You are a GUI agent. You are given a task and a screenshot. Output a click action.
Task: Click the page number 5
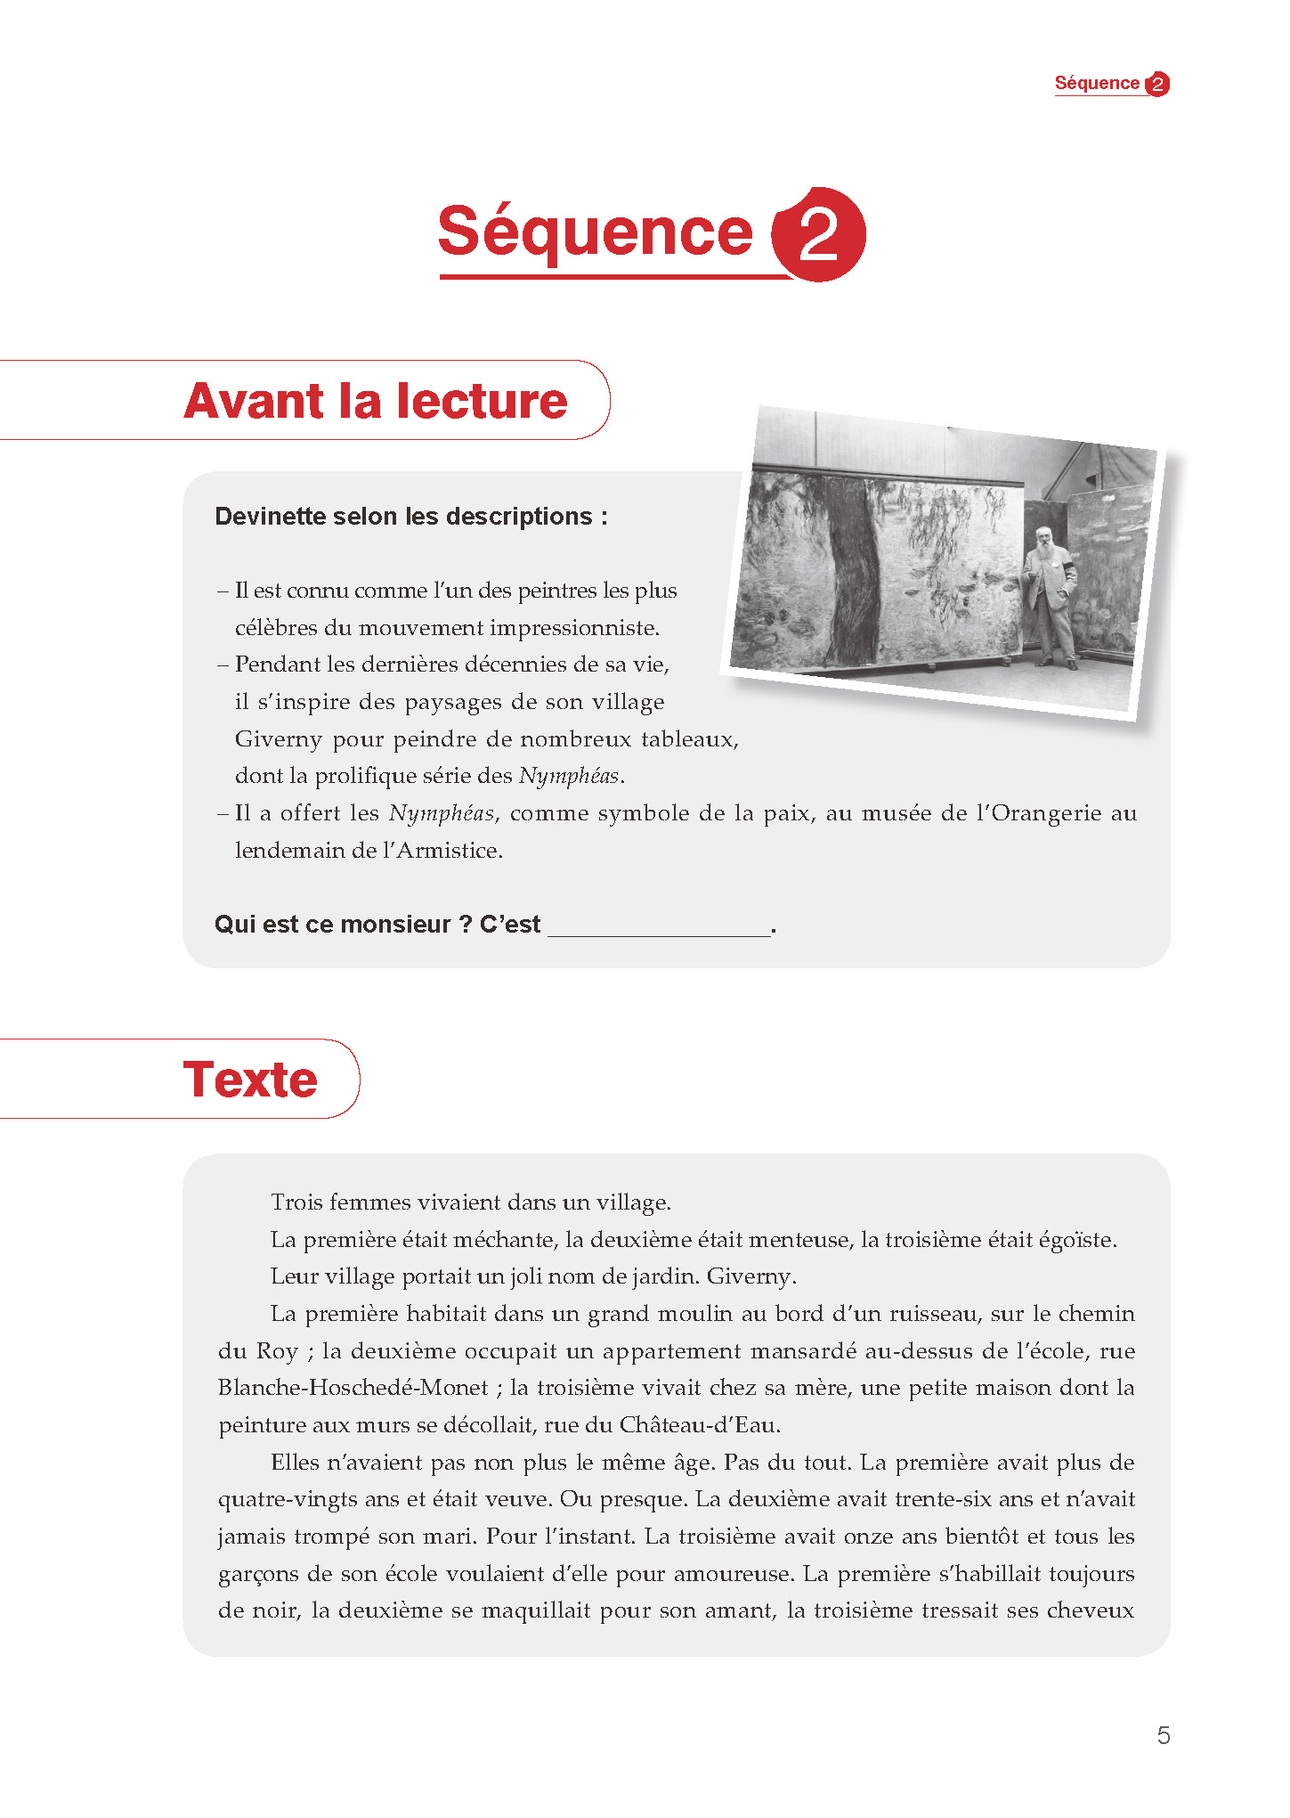[1163, 1734]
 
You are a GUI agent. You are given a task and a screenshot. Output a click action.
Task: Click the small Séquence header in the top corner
[1097, 83]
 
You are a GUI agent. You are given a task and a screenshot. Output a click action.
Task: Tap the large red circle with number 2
[818, 235]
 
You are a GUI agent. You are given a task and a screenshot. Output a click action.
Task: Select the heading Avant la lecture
[375, 401]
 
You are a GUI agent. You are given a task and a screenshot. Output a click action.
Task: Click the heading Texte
[250, 1080]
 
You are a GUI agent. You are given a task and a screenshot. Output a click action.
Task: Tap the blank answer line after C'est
[659, 926]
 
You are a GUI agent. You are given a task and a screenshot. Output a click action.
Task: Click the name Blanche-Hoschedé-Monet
[353, 1388]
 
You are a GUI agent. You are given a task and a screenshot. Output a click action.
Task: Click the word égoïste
[1074, 1240]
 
